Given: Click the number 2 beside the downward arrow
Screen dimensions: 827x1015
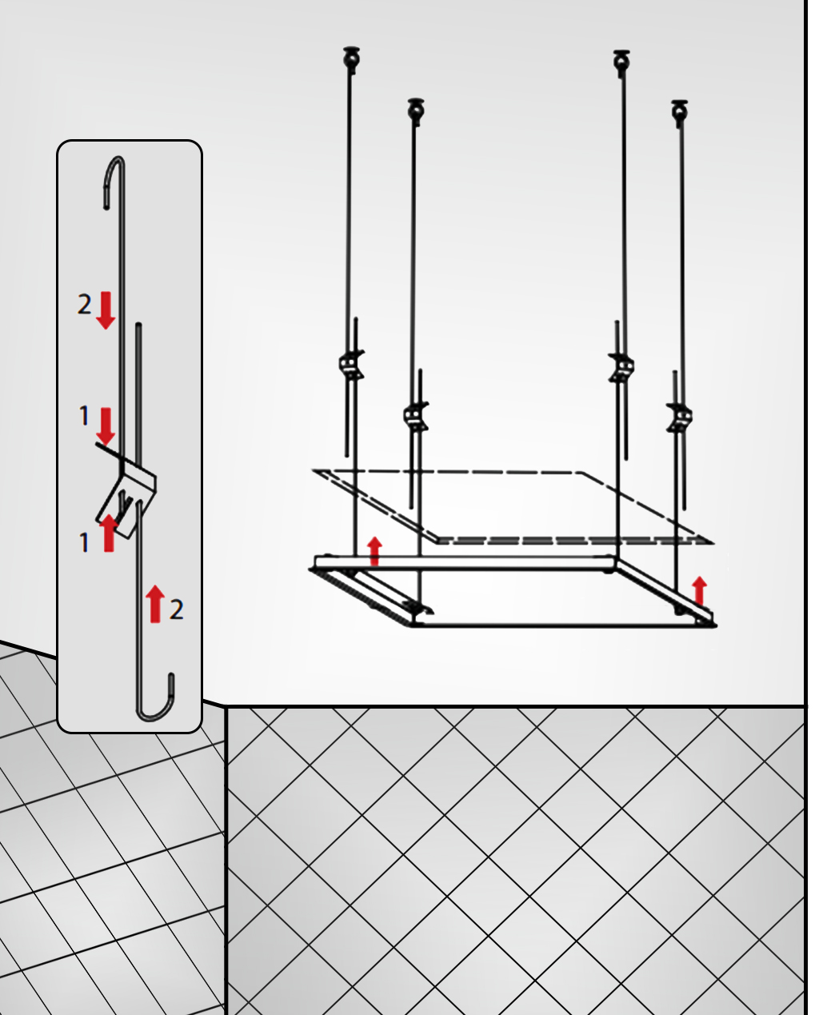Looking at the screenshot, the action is (x=84, y=304).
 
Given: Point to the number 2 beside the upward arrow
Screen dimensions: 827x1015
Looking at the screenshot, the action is (x=176, y=609).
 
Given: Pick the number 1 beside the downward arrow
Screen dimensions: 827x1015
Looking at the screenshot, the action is (x=84, y=416).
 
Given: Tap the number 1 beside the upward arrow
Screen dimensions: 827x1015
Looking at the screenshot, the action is (x=84, y=543).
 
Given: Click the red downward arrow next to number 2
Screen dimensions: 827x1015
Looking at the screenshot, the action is (x=106, y=310).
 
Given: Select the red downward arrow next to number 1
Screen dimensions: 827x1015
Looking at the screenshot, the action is (x=106, y=426).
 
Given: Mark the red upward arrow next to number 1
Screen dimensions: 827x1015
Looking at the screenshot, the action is (x=109, y=533).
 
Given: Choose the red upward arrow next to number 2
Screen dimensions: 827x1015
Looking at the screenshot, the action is (x=155, y=604).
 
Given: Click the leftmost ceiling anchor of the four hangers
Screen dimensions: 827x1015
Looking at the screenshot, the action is (x=352, y=59).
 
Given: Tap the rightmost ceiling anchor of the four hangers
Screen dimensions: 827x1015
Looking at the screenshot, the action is (x=679, y=113).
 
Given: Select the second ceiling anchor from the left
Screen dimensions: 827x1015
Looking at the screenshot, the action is (x=416, y=111).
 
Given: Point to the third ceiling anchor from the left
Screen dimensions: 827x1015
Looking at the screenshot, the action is (x=621, y=62).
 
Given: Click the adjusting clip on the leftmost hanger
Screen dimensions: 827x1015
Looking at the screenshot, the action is (x=352, y=365).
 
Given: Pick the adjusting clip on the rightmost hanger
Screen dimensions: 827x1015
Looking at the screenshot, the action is (x=679, y=417).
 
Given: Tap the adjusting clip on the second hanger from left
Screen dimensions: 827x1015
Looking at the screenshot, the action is (x=416, y=416).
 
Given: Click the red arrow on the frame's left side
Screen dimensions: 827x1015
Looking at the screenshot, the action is (x=375, y=551).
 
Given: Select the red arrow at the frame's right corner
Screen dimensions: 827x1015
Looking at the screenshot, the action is (x=699, y=591).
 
